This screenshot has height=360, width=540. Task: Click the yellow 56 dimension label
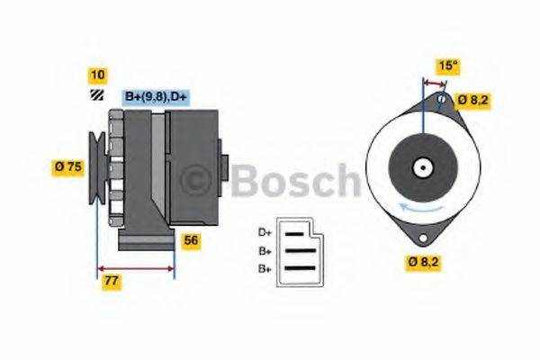pos(190,240)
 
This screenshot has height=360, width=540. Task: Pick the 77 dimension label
pos(112,281)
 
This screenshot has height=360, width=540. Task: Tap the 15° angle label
pos(447,67)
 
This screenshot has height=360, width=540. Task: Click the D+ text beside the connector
pos(265,232)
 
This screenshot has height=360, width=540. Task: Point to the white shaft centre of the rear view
pos(421,167)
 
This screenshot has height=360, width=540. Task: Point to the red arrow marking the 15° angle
pos(433,82)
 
